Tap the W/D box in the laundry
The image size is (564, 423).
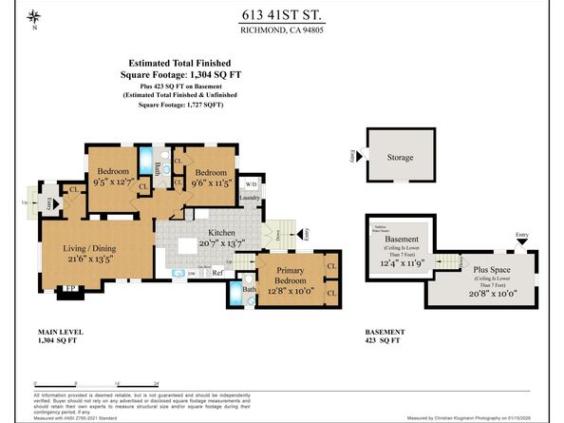coord(252,183)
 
